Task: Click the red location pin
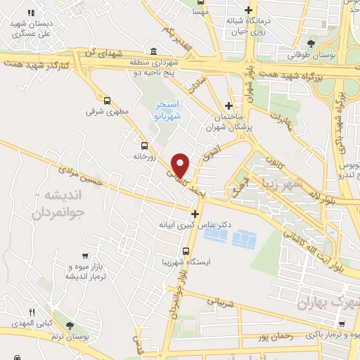(x=181, y=165)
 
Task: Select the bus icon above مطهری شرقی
(x=107, y=100)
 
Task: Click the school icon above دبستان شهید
(x=31, y=13)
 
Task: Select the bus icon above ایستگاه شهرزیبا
(x=186, y=250)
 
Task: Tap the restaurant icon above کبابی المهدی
(x=31, y=312)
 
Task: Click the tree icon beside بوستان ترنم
(x=69, y=325)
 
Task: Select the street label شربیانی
(x=224, y=302)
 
